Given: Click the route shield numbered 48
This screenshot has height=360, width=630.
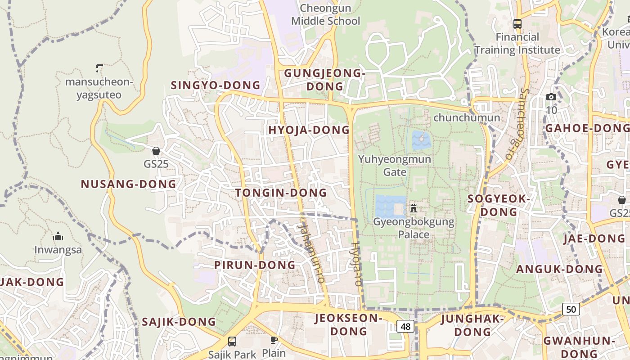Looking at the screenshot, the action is pos(405,326).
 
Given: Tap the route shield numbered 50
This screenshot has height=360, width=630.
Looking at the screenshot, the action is pos(571,309).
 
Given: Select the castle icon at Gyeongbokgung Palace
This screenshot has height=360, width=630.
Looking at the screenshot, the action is pos(414,208).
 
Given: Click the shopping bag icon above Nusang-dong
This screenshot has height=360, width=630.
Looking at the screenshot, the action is pos(156,151).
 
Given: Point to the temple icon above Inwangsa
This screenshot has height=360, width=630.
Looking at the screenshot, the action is pos(58,237).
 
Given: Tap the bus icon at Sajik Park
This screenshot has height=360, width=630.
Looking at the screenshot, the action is pos(232,341).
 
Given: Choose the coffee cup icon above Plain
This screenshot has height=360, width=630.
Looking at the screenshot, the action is pos(274,340).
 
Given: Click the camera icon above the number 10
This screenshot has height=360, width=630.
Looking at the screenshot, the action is pos(551,97).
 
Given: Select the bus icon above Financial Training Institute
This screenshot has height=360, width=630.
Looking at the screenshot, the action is pos(517,24).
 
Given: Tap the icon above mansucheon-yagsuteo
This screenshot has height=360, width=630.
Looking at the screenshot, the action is pos(99,68).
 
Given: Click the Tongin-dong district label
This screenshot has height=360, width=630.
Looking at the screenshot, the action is pos(281,193).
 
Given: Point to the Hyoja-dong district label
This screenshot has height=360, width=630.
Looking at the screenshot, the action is pos(309,130).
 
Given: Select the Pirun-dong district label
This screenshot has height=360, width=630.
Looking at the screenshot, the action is pos(255,265).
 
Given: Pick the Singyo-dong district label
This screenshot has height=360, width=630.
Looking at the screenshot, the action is pos(216,85).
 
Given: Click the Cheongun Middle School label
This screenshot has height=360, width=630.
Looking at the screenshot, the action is pos(325,14).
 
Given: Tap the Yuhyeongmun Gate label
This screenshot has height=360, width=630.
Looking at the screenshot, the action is pos(395,165).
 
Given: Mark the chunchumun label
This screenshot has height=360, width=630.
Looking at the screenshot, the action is pos(467,118).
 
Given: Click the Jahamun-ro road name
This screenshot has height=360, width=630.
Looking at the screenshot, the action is pos(311,250).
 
